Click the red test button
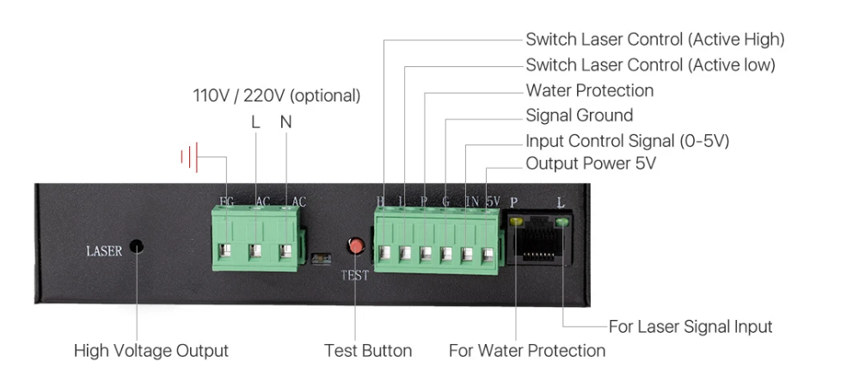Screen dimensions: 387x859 point(354,247)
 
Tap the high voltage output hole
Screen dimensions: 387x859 point(136,248)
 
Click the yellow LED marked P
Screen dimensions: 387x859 point(516,222)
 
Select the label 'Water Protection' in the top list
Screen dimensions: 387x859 point(589,90)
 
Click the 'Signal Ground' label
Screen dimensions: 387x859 point(579,115)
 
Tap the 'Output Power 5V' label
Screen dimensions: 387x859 point(590,163)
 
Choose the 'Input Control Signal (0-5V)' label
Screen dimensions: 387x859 point(627,140)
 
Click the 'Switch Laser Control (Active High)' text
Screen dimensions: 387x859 point(654,39)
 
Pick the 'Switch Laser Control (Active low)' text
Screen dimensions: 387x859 point(650,64)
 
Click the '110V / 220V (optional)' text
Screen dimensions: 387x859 point(276,95)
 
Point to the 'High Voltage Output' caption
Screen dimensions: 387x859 point(151,351)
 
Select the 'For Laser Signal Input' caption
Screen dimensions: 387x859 point(690,327)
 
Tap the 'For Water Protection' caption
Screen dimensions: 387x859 point(526,351)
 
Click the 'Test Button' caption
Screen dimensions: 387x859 point(367,351)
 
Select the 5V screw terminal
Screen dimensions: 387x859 point(488,254)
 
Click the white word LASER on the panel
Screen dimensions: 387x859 point(104,251)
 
